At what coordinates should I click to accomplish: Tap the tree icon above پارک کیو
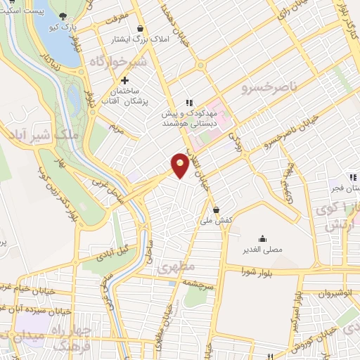65,17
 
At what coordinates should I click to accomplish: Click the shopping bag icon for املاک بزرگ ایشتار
141,29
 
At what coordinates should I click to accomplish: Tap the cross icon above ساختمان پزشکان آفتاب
125,81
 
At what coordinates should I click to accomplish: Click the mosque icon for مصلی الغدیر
262,238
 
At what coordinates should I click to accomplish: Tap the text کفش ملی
217,221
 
